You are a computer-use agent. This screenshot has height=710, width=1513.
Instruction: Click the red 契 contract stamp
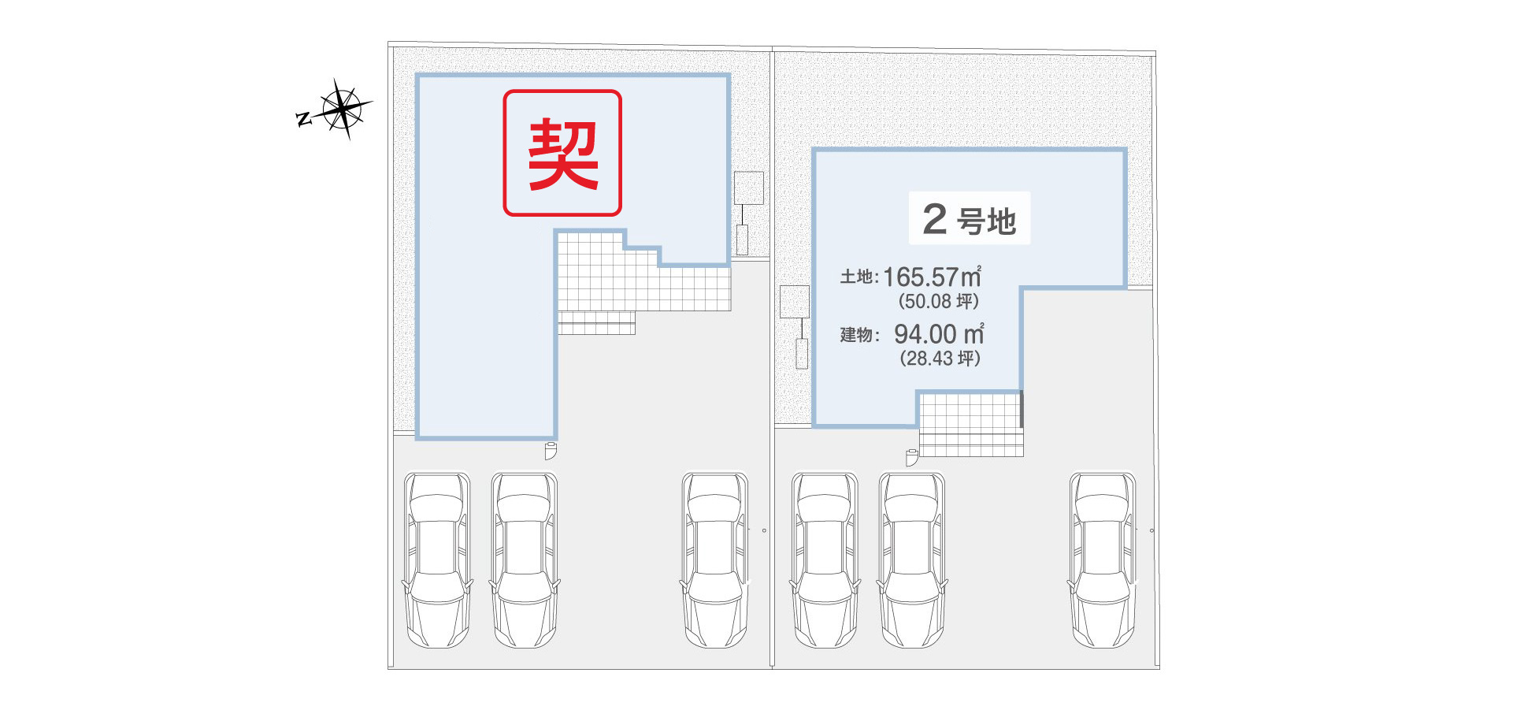click(562, 153)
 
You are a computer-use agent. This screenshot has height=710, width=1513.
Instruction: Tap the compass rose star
click(343, 108)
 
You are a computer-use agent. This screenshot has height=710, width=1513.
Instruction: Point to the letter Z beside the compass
click(303, 119)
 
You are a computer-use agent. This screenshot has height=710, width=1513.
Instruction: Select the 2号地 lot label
click(970, 218)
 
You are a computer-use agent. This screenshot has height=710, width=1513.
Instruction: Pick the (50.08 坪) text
click(939, 301)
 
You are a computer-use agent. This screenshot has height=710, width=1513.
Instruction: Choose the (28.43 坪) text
click(940, 359)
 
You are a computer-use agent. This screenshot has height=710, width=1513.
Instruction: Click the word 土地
click(857, 277)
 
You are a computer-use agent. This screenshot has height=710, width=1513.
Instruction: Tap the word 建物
click(857, 335)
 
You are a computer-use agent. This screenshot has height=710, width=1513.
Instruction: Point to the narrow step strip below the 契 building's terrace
click(596, 323)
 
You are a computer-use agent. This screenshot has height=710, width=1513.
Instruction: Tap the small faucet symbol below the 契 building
click(551, 452)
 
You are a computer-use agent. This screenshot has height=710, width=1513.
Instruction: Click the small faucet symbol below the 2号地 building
click(912, 458)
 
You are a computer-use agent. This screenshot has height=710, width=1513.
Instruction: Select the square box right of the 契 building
click(749, 188)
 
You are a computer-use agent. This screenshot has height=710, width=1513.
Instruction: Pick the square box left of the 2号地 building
click(795, 302)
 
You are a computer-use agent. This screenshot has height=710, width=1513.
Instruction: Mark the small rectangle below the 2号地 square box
click(802, 354)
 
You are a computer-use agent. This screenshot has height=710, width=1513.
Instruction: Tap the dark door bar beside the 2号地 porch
click(1022, 410)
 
